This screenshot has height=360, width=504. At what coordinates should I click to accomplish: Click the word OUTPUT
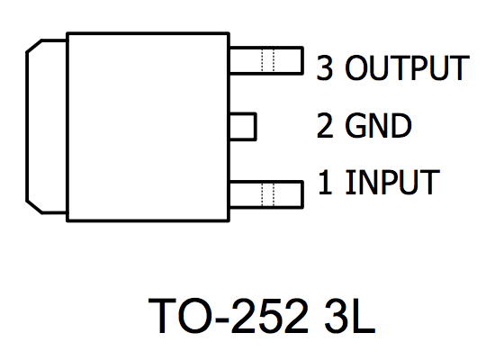[x=407, y=67]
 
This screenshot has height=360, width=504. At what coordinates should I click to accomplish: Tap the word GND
[x=378, y=126]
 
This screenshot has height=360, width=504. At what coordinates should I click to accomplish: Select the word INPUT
[x=392, y=182]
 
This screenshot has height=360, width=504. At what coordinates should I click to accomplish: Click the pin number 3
[x=325, y=67]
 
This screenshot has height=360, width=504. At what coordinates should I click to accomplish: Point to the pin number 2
[x=325, y=126]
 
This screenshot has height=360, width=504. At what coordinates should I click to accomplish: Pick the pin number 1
[x=325, y=182]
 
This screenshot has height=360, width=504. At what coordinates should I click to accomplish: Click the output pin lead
[x=266, y=61]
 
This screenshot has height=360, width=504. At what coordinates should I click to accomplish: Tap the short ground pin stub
[x=243, y=127]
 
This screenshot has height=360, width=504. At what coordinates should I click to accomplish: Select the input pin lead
[x=266, y=194]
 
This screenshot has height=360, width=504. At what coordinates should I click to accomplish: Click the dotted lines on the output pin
[x=268, y=61]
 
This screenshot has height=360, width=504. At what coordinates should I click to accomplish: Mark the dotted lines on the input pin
[x=268, y=194]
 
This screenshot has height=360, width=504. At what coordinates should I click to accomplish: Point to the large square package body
[x=148, y=127]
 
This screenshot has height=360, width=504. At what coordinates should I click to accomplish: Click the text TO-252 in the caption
[x=228, y=316]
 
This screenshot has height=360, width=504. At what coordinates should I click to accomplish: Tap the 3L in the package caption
[x=350, y=316]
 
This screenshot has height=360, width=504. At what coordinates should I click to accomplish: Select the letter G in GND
[x=355, y=126]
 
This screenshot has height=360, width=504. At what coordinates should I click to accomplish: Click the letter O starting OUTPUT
[x=357, y=67]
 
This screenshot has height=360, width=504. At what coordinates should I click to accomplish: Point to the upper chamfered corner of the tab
[x=34, y=46]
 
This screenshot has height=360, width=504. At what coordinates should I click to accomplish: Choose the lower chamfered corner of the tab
[x=34, y=207]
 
